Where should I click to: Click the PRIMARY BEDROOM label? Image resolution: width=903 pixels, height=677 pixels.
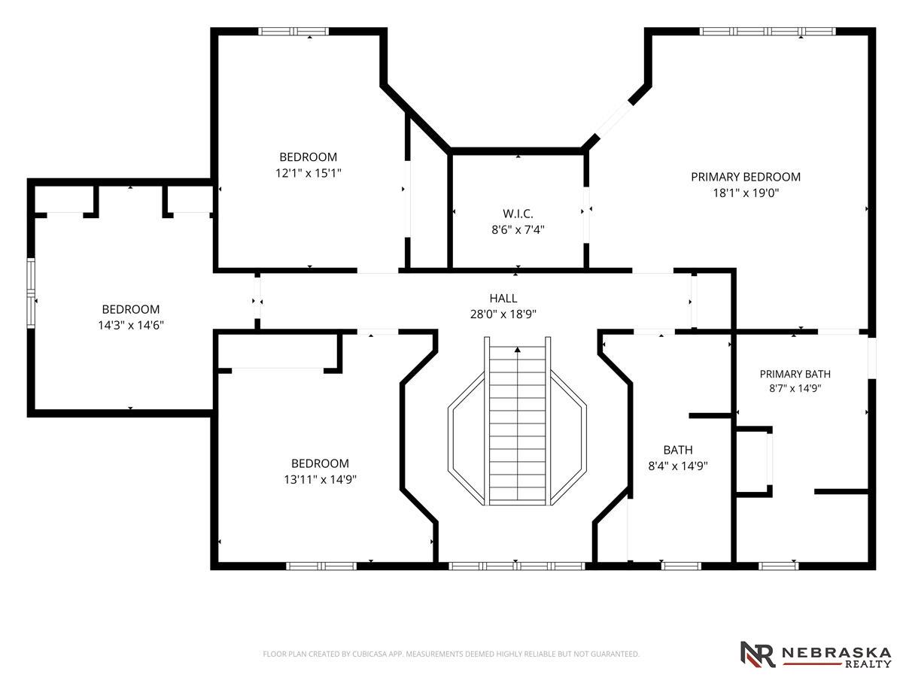tap(746, 178)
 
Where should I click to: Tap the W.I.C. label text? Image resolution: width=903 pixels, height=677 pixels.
tap(518, 214)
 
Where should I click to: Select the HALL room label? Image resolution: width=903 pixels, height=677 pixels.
tap(503, 298)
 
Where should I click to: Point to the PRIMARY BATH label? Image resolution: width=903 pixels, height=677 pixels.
tap(795, 374)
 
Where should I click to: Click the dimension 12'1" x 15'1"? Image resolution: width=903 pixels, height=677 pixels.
tap(308, 173)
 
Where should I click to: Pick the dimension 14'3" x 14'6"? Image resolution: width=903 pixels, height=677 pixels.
tap(131, 325)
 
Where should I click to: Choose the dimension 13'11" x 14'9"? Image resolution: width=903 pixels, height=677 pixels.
tap(320, 479)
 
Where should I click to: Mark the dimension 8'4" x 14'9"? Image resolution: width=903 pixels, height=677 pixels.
tap(677, 466)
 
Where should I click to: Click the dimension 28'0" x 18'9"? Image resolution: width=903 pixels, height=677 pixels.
tap(503, 314)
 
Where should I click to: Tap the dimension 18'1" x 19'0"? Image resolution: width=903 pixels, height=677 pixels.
tap(746, 193)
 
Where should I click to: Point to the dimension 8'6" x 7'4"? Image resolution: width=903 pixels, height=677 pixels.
tap(518, 229)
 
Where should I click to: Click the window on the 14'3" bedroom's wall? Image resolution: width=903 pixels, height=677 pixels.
tap(31, 293)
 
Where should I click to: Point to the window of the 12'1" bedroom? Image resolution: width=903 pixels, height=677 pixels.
tap(293, 32)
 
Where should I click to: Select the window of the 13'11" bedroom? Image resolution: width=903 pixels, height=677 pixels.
tap(321, 566)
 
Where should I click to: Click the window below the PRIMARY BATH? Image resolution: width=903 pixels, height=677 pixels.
tap(778, 566)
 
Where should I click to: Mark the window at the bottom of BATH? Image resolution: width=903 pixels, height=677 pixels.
tap(681, 566)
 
